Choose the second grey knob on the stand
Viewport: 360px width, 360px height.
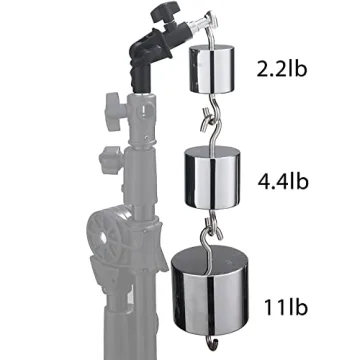click(x=111, y=158)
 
